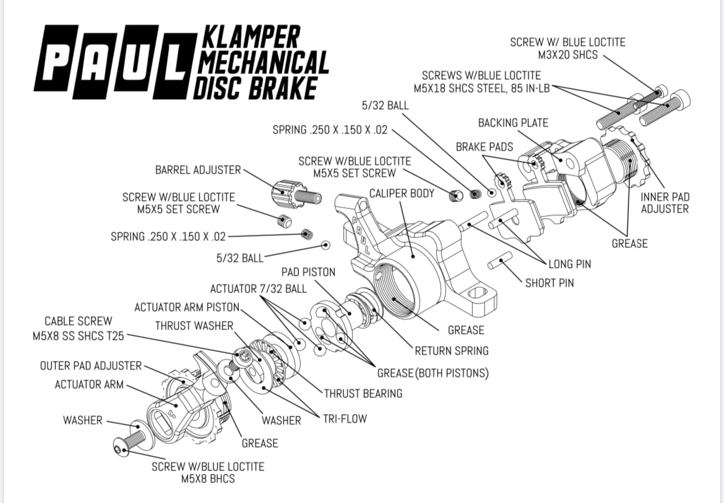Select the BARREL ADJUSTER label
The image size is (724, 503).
point(198,170)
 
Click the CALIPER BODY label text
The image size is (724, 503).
point(402,193)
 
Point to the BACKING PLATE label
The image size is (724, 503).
point(513,123)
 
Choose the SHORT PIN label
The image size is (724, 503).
point(549,283)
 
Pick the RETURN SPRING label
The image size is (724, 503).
point(451,351)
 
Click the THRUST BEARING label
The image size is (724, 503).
point(363,393)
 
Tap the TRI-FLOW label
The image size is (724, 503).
point(345,419)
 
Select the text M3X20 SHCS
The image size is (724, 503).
point(568,55)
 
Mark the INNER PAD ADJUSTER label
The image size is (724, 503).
point(665,203)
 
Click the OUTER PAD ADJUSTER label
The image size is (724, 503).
point(91,366)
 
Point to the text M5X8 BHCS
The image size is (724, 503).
point(207,479)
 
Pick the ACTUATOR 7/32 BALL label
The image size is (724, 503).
point(258,289)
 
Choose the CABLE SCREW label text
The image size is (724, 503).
point(78,321)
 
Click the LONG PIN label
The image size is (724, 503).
point(569,264)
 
